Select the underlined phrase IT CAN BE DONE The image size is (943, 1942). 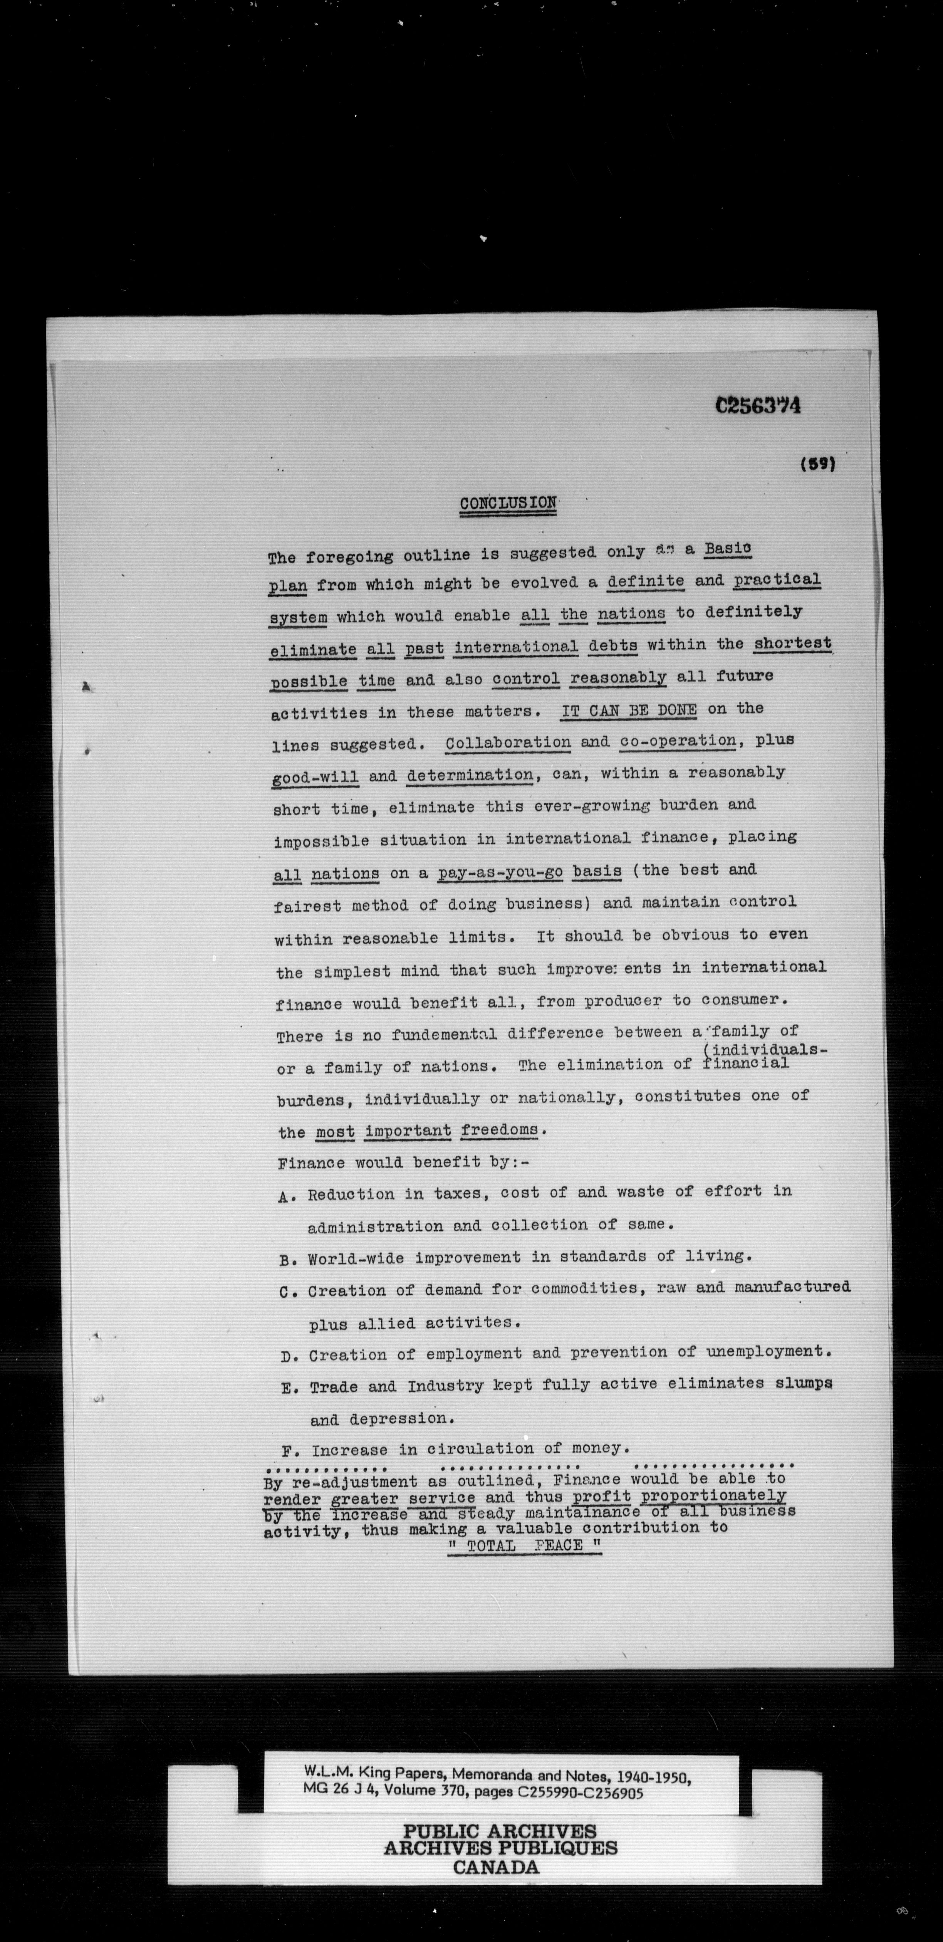629,710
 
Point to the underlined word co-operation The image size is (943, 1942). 677,740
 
